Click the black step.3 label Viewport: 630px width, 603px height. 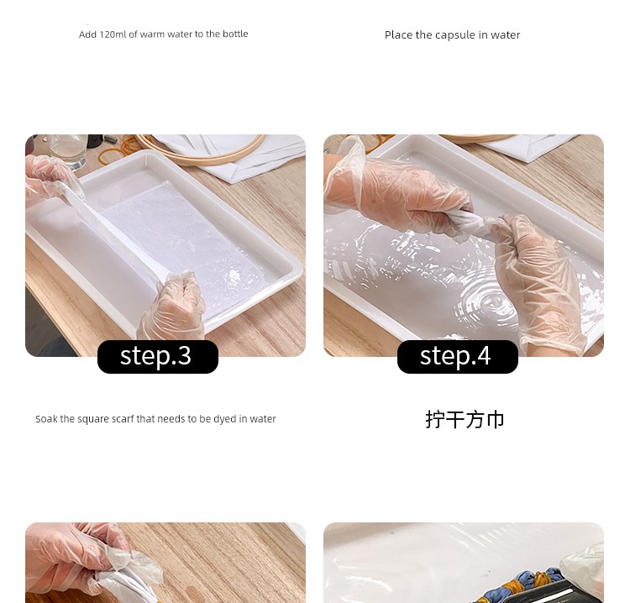coord(158,356)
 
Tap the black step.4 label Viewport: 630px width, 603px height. coord(458,356)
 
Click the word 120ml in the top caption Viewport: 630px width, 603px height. coord(113,34)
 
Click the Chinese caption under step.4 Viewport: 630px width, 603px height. coord(465,419)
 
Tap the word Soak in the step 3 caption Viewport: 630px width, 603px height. coord(46,419)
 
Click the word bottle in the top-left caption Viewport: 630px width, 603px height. coord(235,34)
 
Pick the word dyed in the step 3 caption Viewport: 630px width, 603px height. coord(224,419)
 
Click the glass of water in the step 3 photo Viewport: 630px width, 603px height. coord(68,149)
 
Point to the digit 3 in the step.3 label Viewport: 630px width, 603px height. coord(184,355)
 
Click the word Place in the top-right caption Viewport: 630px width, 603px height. coord(398,35)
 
